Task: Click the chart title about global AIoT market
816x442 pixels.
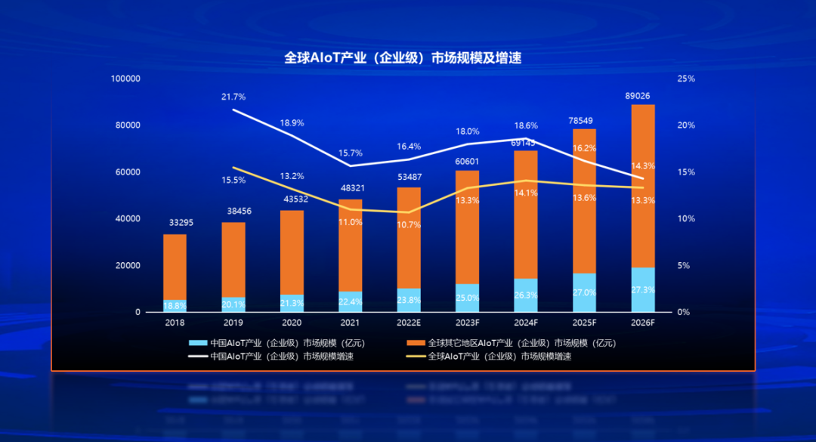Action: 403,57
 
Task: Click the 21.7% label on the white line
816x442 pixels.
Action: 233,97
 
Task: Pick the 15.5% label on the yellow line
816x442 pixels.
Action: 233,180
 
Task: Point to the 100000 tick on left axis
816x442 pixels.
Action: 125,79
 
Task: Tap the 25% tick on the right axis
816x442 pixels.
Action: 686,79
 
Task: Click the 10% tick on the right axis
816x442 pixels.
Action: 686,219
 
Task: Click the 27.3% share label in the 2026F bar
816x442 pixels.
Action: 643,290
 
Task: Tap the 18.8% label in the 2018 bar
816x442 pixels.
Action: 175,306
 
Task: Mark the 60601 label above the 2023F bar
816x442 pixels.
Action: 467,162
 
